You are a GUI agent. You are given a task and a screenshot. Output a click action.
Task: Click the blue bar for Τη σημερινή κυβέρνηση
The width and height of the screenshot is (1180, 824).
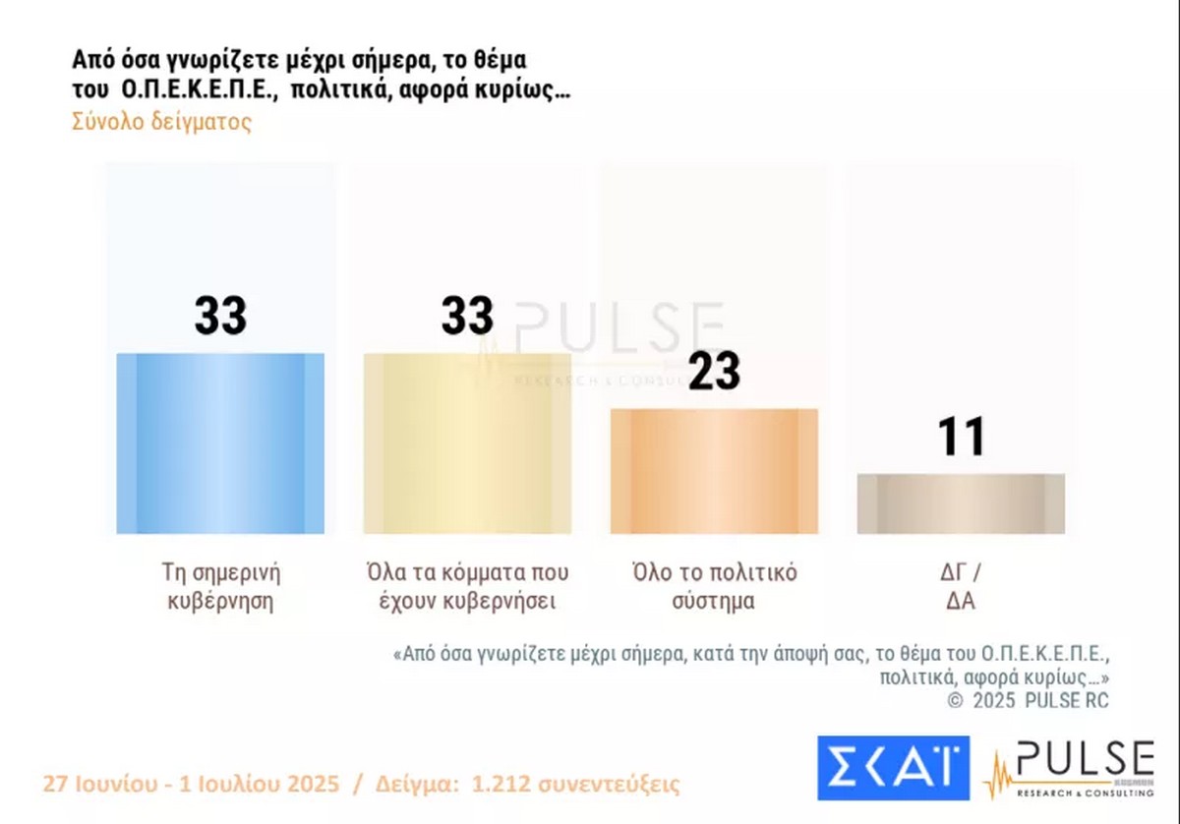coord(220,443)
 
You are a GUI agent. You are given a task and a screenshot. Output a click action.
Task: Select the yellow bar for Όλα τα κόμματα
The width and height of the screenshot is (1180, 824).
coord(467,443)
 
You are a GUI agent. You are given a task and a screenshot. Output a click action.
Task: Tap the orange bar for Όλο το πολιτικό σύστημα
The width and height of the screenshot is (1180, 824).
coord(714,471)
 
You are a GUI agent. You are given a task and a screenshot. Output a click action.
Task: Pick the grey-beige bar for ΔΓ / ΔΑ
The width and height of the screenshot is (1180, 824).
coord(961,503)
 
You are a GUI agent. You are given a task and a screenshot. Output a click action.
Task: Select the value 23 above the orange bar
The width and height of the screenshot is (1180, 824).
coord(714,372)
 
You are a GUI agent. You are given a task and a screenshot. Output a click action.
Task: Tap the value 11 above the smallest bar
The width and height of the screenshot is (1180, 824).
coord(961,438)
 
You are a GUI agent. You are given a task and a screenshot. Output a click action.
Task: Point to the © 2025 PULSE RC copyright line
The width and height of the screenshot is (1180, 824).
coord(1028,701)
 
